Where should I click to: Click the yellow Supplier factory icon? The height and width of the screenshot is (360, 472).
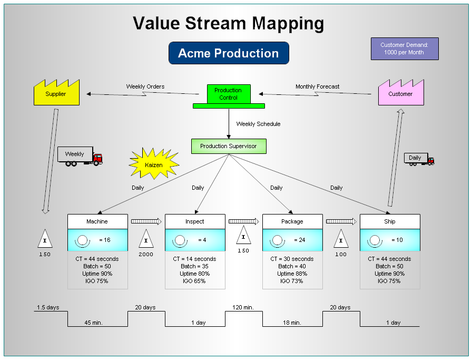[56, 94]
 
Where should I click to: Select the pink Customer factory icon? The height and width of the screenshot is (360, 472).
[401, 94]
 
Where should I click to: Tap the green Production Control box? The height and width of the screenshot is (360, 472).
[228, 94]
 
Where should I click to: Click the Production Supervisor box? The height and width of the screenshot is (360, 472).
[229, 146]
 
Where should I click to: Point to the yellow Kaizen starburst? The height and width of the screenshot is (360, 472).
[154, 164]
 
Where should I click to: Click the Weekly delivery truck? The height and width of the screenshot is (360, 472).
[80, 156]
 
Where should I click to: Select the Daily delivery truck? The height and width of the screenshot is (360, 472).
[419, 158]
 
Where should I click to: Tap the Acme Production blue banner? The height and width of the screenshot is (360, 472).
[229, 53]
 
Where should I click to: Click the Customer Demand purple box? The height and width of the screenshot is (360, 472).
[405, 48]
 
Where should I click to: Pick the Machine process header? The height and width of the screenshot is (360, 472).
[97, 221]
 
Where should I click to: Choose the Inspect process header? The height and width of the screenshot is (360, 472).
[195, 221]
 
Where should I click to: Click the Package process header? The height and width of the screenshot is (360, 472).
[292, 221]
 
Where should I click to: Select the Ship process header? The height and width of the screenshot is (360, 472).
[390, 221]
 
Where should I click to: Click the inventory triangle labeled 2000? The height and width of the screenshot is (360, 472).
[146, 240]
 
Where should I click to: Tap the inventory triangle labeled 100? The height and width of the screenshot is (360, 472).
[341, 240]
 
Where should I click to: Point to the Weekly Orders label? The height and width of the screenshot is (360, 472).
[145, 86]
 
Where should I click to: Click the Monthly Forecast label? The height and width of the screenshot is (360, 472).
[317, 86]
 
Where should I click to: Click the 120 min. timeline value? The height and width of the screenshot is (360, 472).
[243, 307]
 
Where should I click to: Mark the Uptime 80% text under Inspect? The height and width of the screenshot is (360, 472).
[195, 274]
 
